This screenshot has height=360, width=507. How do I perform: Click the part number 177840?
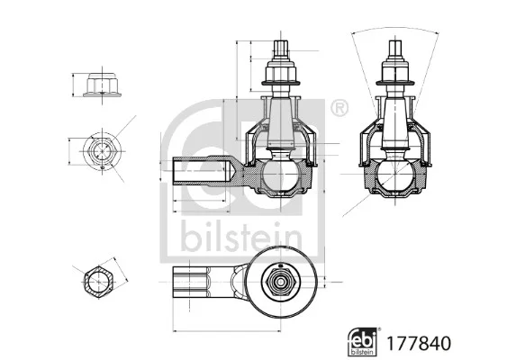(x=419, y=344)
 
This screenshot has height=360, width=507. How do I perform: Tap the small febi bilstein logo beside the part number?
(x=363, y=342)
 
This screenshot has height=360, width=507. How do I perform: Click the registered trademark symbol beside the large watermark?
(x=340, y=109)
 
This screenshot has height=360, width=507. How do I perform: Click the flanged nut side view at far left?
(x=102, y=85)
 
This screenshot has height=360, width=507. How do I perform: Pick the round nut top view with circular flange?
(x=102, y=151)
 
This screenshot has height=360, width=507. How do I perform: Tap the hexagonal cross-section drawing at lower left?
(x=99, y=281)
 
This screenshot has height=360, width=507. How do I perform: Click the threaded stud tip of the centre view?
(x=281, y=49)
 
